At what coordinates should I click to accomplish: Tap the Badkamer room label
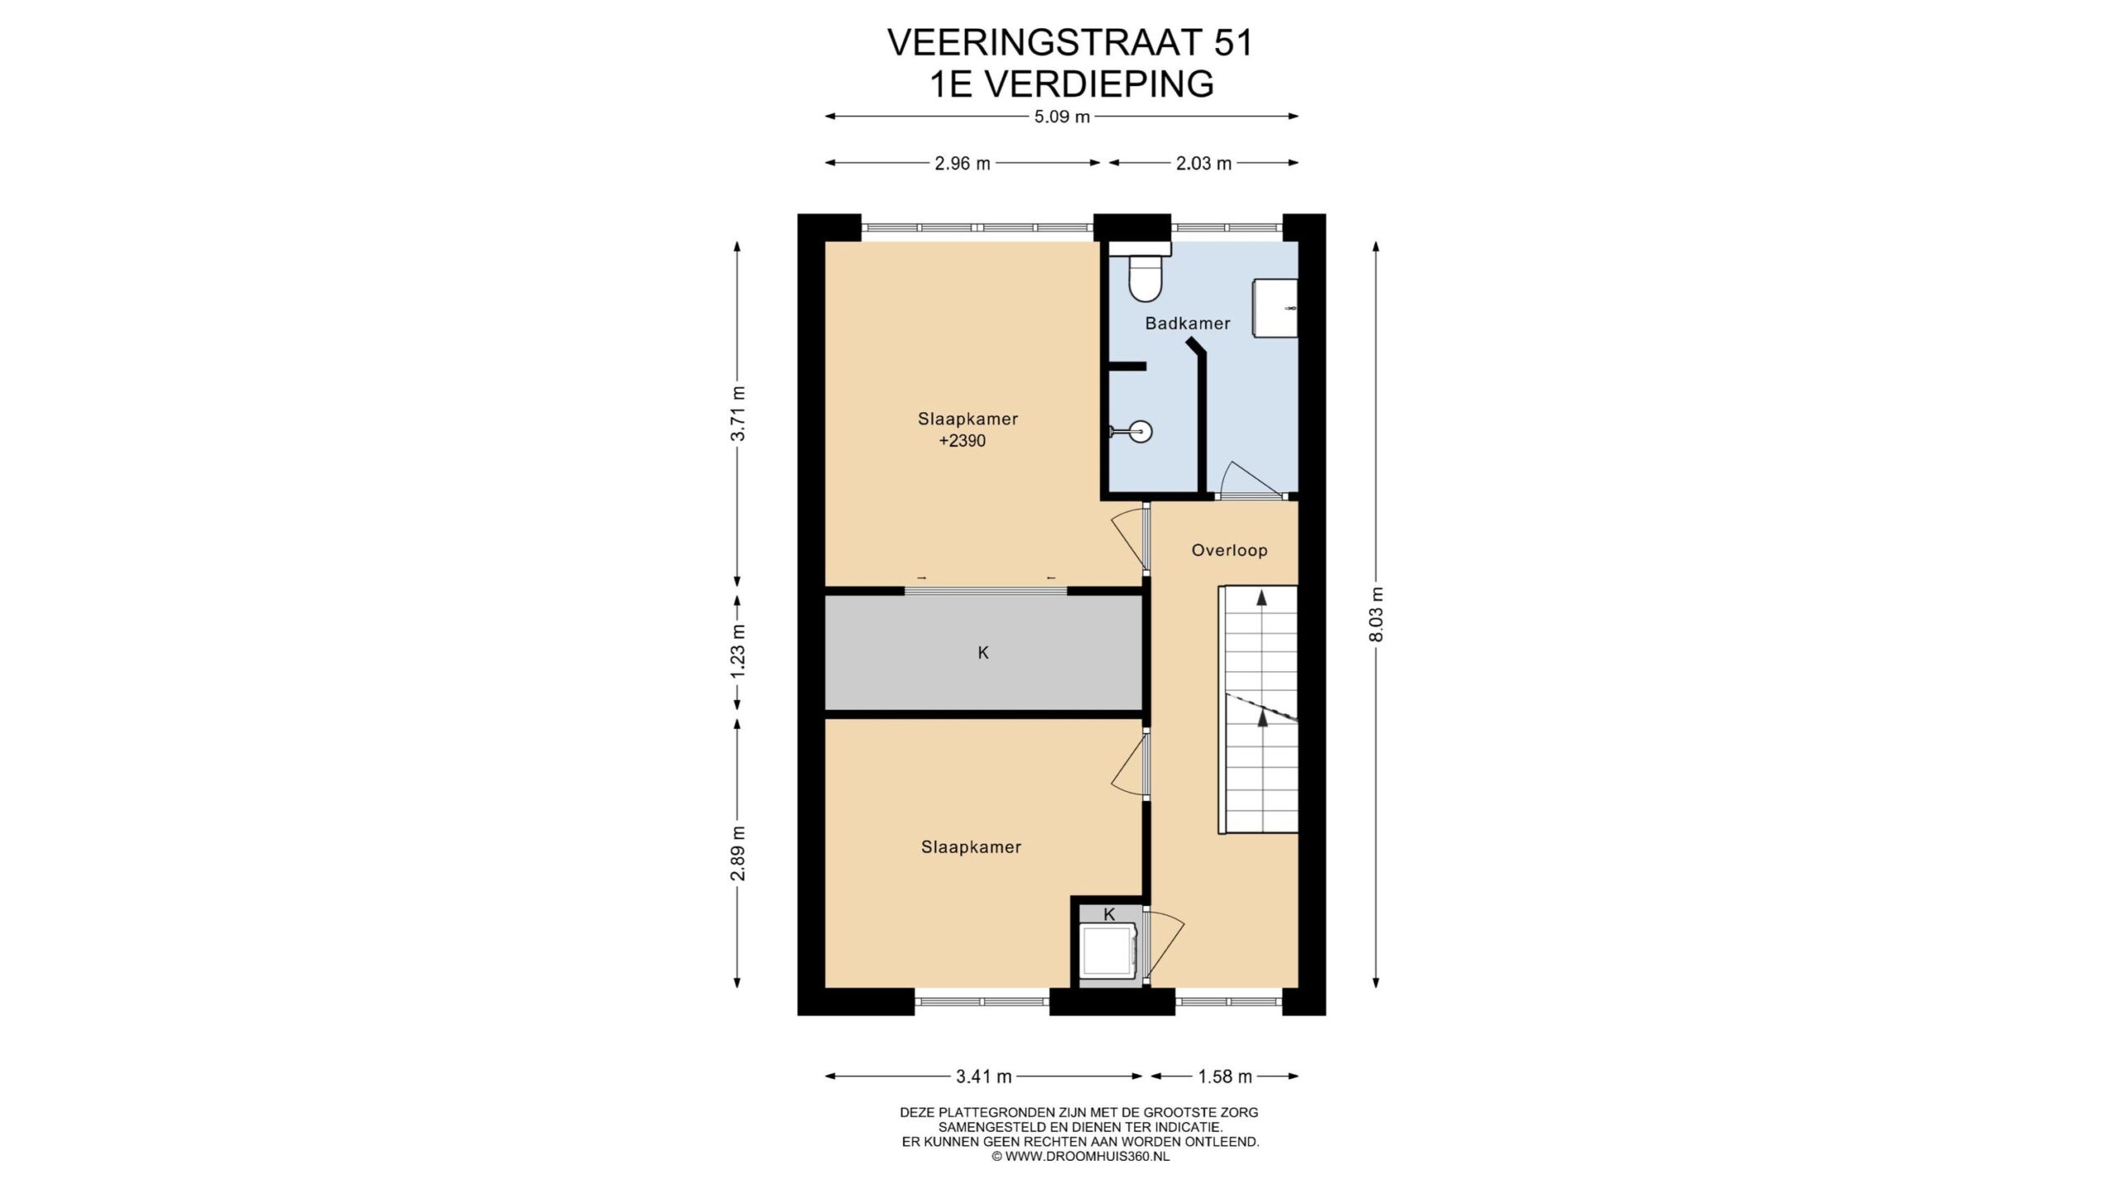tap(1187, 324)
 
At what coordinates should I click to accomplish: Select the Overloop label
tap(1229, 550)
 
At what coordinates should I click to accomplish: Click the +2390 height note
tap(962, 441)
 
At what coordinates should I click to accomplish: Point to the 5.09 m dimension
tap(1062, 117)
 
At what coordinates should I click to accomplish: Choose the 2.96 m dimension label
tap(962, 163)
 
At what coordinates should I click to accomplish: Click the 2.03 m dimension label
tap(1203, 163)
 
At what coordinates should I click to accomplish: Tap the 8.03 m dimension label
tap(1376, 614)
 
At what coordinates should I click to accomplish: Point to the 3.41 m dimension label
tap(984, 1077)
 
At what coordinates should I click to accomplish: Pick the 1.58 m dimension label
tap(1225, 1077)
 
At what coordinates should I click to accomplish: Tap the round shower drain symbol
tap(1142, 430)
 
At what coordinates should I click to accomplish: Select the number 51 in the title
tap(1233, 43)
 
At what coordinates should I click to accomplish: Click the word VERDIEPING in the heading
tap(1101, 84)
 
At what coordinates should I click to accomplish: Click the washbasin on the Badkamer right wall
tap(1275, 308)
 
